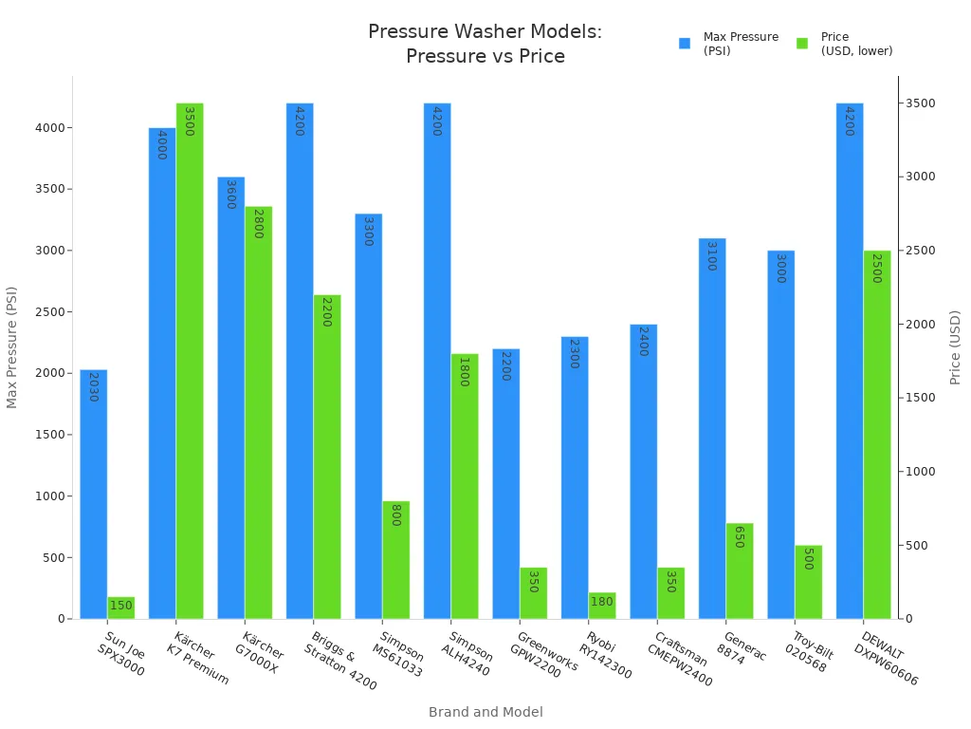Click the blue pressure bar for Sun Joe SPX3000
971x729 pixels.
click(93, 494)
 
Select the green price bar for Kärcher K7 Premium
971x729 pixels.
click(190, 361)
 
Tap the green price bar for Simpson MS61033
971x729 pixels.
click(395, 560)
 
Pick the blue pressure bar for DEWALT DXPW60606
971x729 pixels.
click(849, 361)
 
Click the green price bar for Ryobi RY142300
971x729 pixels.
click(601, 606)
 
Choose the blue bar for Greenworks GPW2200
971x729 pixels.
click(505, 484)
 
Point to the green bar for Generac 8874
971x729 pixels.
click(739, 570)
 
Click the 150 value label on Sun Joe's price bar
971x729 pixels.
click(121, 606)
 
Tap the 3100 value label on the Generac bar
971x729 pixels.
click(711, 256)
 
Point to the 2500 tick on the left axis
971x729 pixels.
click(54, 311)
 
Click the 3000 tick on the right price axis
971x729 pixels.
click(920, 177)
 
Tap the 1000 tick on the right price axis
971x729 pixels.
click(920, 472)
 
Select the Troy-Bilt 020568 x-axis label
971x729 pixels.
click(801, 652)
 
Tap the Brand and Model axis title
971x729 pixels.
click(485, 712)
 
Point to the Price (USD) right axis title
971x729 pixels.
click(955, 347)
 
